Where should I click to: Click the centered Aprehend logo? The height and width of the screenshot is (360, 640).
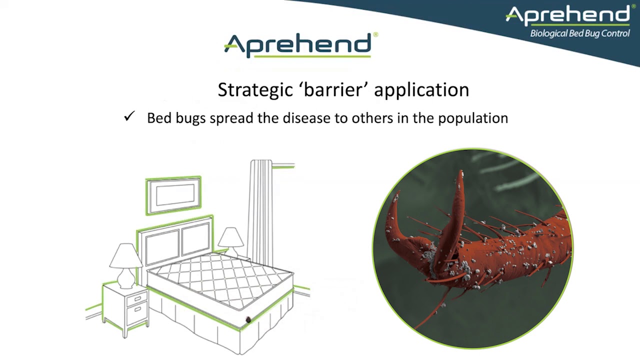298,45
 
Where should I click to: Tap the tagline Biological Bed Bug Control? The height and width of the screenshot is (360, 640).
579,33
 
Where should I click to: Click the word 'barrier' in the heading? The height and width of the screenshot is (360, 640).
334,90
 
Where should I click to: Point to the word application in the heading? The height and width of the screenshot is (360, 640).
421,90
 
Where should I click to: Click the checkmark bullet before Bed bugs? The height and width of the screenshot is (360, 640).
129,117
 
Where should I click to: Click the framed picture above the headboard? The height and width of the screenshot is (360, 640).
173,195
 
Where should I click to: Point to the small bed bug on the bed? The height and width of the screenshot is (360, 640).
248,320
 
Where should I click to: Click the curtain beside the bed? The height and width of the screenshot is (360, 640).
261,210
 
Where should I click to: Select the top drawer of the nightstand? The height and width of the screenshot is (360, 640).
136,299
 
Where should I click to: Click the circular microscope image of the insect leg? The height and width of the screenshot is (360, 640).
472,248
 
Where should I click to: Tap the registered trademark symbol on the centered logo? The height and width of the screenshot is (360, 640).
375,35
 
